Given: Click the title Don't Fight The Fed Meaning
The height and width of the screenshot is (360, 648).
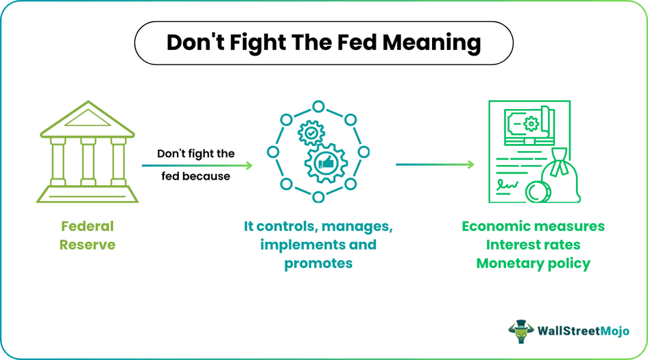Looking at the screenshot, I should point(324,43).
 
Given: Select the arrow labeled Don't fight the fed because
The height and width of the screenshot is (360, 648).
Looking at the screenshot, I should point(197,165).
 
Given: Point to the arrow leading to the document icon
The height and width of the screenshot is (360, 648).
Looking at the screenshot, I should point(435,165).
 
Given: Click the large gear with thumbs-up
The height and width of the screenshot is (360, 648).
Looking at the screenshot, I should point(326,164).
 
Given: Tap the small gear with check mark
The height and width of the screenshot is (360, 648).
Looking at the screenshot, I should point(311,132).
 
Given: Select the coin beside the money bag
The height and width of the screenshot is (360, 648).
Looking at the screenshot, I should point(538,193).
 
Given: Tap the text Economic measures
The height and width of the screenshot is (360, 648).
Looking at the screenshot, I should point(533,226).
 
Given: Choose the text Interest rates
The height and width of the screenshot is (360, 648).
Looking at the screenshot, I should point(533,245).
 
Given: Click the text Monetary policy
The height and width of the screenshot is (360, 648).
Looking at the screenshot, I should point(533,263).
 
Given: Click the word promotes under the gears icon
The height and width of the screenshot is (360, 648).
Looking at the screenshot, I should point(318,263).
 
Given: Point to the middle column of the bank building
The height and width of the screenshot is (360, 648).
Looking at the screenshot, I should point(87,162).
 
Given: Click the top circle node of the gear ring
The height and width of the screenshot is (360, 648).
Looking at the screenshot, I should point(317,106).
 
